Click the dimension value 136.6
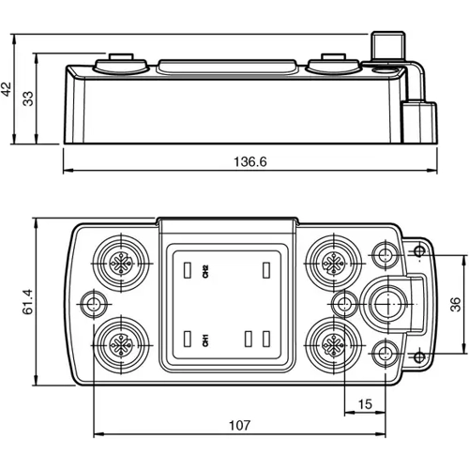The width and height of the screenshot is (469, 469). point(250,161)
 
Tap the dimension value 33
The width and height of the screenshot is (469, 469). point(29,98)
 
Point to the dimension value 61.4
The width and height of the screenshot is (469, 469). point(29,301)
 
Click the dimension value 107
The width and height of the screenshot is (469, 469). point(241,425)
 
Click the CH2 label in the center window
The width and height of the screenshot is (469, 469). point(203,271)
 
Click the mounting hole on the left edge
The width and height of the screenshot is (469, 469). point(93,302)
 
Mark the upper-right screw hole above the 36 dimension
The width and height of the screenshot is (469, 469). point(384,254)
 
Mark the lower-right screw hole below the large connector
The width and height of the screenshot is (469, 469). point(384,351)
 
